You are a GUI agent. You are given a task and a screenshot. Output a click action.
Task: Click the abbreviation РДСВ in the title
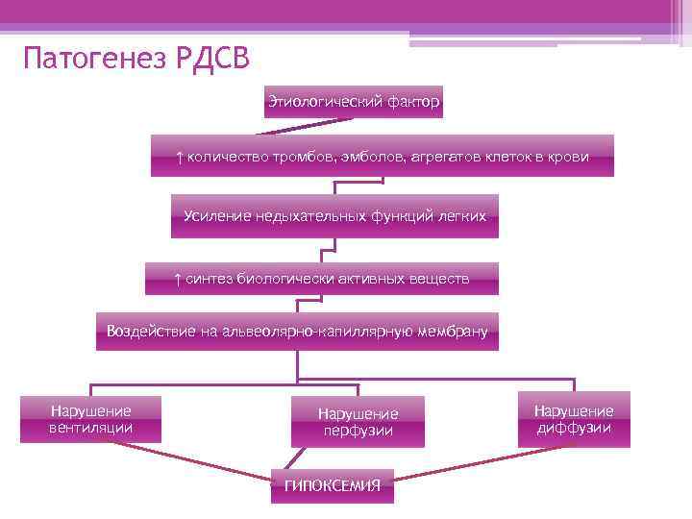pos(212,60)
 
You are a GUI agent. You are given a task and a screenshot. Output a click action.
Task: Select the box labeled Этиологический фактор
pos(354,101)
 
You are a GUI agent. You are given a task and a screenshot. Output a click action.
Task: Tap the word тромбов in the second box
pos(297,156)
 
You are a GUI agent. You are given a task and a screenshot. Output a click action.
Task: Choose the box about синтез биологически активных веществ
pos(322,279)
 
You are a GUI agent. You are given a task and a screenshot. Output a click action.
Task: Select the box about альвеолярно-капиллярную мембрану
pos(298,332)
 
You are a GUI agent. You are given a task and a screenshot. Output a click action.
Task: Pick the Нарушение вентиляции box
pos(91,419)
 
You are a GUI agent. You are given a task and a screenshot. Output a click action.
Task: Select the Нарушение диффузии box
pos(574,419)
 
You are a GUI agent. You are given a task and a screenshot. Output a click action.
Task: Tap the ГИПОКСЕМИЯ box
pos(333,486)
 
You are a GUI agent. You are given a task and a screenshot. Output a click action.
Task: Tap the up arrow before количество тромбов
pos(179,156)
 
